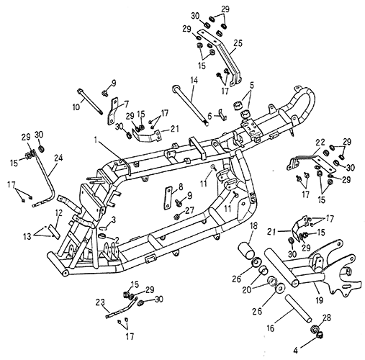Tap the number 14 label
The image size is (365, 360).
click(x=194, y=81)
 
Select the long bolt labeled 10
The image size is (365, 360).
click(x=90, y=102)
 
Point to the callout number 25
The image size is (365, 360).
click(x=238, y=43)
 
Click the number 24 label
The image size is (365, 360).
click(x=58, y=158)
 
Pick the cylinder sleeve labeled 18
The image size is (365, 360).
click(x=247, y=251)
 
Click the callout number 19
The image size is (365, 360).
click(x=320, y=300)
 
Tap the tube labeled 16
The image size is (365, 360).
click(x=298, y=310)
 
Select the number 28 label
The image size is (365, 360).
click(x=327, y=318)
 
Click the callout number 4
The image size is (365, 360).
click(x=295, y=351)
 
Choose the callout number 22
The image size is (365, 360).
click(x=321, y=143)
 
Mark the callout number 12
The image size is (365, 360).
click(x=59, y=213)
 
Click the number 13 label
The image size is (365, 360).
click(x=27, y=237)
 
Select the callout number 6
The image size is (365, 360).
click(x=209, y=117)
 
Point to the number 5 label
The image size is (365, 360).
click(x=251, y=85)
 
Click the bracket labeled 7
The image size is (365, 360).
click(x=112, y=111)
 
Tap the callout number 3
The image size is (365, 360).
click(x=114, y=219)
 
